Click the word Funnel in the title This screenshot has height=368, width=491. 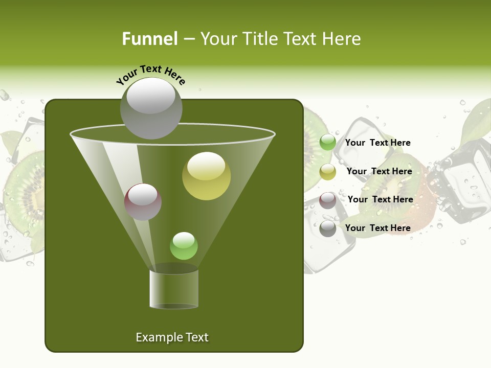pos(149,39)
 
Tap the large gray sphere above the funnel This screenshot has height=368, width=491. pos(151,108)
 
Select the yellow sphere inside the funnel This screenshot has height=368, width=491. pos(206,176)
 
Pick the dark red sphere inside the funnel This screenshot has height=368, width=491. pos(143,201)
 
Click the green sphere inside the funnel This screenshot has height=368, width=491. pos(184,246)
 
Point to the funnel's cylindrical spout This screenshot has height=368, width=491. pos(174,289)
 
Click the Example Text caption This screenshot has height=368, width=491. pos(172,337)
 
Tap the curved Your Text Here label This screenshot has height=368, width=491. pos(151,74)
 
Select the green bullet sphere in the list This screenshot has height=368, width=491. pos(328,143)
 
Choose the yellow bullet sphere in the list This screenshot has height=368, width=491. pos(328,172)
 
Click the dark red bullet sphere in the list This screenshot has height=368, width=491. pos(328,200)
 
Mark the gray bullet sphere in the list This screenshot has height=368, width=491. pos(328,228)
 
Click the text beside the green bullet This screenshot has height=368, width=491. pos(377,143)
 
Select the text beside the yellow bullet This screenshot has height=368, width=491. pos(379,171)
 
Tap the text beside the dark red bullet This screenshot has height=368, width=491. pos(380,199)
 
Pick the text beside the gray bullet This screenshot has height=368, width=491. pos(377,228)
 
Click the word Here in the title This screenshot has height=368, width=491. pos(340,39)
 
